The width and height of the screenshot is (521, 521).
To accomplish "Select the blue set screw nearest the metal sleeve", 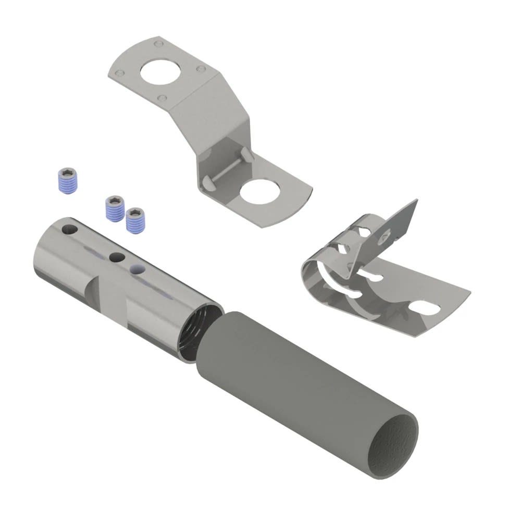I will pyautogui.click(x=134, y=219).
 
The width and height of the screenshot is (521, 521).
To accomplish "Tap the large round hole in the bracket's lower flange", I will pyautogui.click(x=260, y=193).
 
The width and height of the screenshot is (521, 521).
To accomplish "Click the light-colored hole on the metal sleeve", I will pyautogui.click(x=137, y=269).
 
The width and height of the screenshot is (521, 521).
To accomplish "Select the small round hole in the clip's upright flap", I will pyautogui.click(x=384, y=237).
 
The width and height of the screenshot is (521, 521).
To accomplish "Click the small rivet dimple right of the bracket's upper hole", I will pyautogui.click(x=200, y=69).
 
